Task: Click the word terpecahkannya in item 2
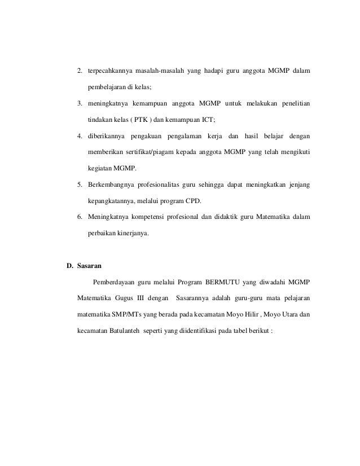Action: coord(109,71)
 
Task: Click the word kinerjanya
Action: coord(130,234)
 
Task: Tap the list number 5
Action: coord(80,185)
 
